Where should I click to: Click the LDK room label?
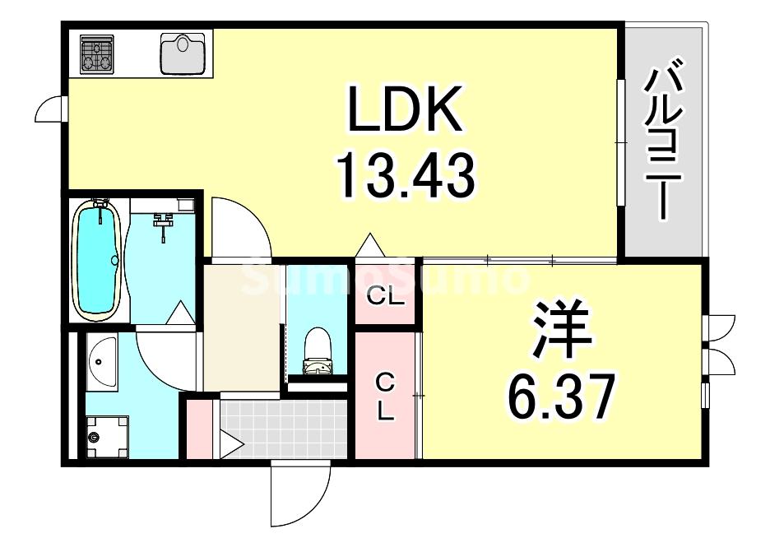405,110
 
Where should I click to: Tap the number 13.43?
405,175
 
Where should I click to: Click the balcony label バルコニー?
663,145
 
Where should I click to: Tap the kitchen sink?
183,53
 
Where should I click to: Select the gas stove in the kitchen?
97,53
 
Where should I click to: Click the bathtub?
98,259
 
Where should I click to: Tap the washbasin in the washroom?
102,362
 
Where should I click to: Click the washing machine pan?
108,434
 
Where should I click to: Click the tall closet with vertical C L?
385,396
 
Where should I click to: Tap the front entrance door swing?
299,494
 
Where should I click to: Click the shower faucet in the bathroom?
163,221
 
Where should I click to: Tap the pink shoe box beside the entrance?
198,429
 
